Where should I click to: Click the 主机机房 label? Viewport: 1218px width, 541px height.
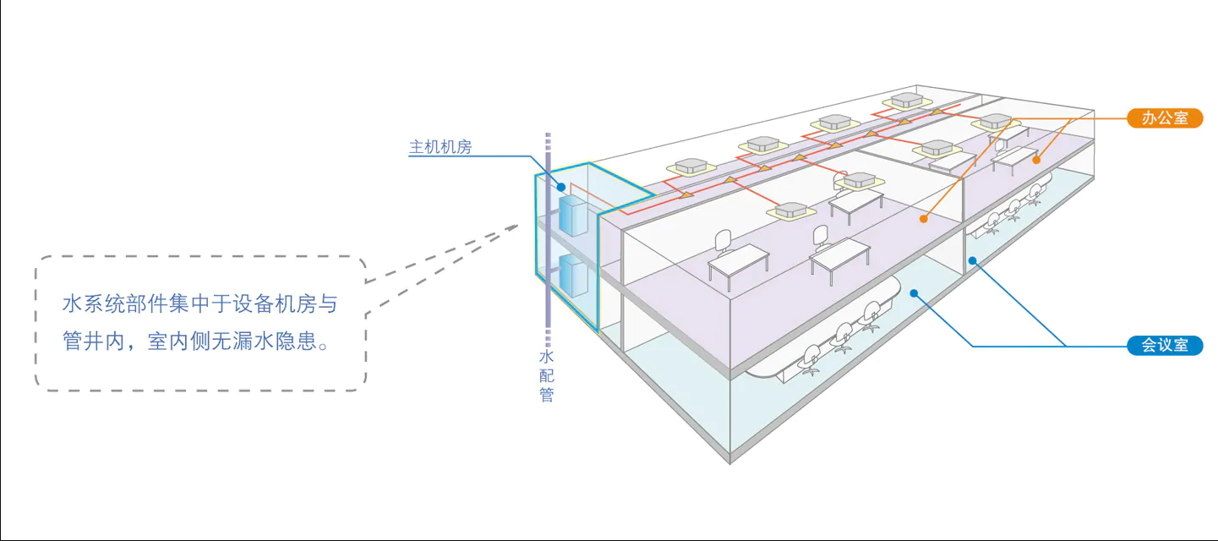[440, 147]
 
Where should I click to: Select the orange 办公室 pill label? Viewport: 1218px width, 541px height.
[1165, 118]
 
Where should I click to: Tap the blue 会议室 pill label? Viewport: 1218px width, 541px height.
[1165, 345]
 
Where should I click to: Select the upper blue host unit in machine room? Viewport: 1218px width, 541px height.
[571, 217]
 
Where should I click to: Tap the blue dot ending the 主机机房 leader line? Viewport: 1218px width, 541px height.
[560, 187]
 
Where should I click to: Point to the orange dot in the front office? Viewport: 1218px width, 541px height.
[923, 218]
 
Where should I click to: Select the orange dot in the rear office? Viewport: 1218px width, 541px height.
[1036, 158]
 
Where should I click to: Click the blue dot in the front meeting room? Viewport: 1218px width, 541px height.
[915, 292]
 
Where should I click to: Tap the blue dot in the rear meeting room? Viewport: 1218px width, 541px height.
[973, 260]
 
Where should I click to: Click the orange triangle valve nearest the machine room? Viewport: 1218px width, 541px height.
[686, 194]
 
